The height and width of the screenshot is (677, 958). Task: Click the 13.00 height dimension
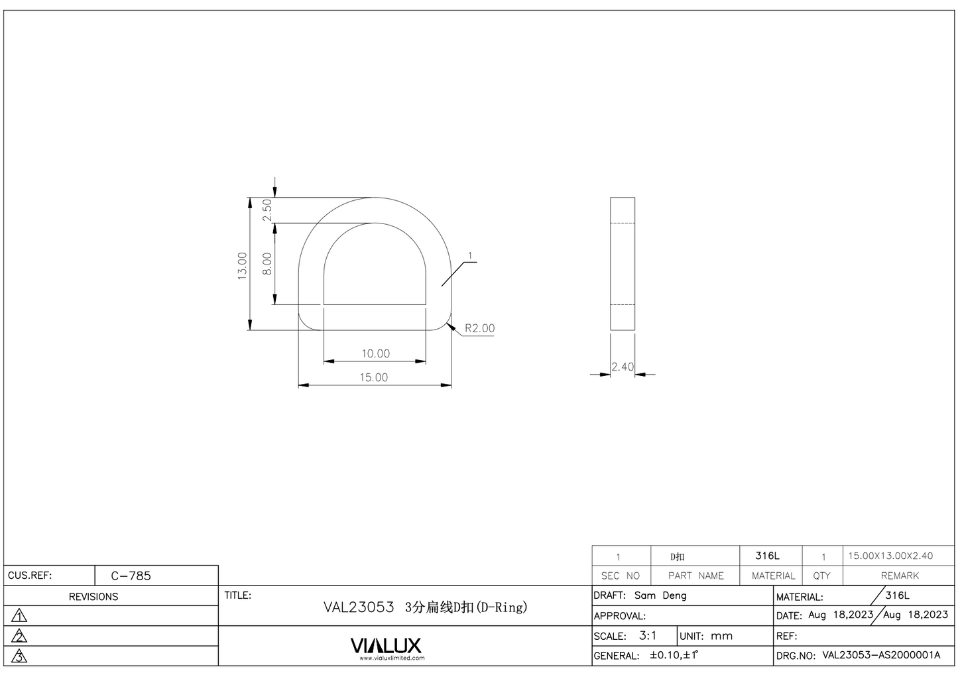tap(243, 265)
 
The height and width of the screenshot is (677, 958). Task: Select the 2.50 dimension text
tap(267, 210)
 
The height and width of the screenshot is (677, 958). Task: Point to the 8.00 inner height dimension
tap(267, 263)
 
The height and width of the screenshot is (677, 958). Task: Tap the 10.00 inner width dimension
tap(375, 353)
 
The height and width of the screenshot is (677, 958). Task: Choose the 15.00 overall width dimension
tap(374, 377)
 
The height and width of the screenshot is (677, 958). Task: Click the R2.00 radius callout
tap(479, 328)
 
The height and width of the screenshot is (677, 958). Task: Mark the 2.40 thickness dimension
tap(623, 367)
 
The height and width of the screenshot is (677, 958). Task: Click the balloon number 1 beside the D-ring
tap(470, 256)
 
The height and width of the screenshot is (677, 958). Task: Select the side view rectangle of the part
tap(623, 263)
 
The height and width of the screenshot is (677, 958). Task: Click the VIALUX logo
tap(386, 646)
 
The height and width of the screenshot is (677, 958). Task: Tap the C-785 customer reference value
tap(131, 576)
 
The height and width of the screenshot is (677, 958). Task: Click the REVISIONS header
tap(93, 597)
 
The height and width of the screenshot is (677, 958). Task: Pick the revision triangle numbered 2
tap(20, 637)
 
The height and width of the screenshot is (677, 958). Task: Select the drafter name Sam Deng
tap(660, 595)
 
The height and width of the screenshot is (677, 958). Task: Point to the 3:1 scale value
tap(648, 636)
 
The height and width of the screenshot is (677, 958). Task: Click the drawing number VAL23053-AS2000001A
tap(881, 655)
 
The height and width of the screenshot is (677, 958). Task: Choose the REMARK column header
tap(900, 576)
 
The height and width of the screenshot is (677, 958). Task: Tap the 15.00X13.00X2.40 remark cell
tap(890, 556)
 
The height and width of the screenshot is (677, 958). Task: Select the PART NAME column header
tap(695, 576)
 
